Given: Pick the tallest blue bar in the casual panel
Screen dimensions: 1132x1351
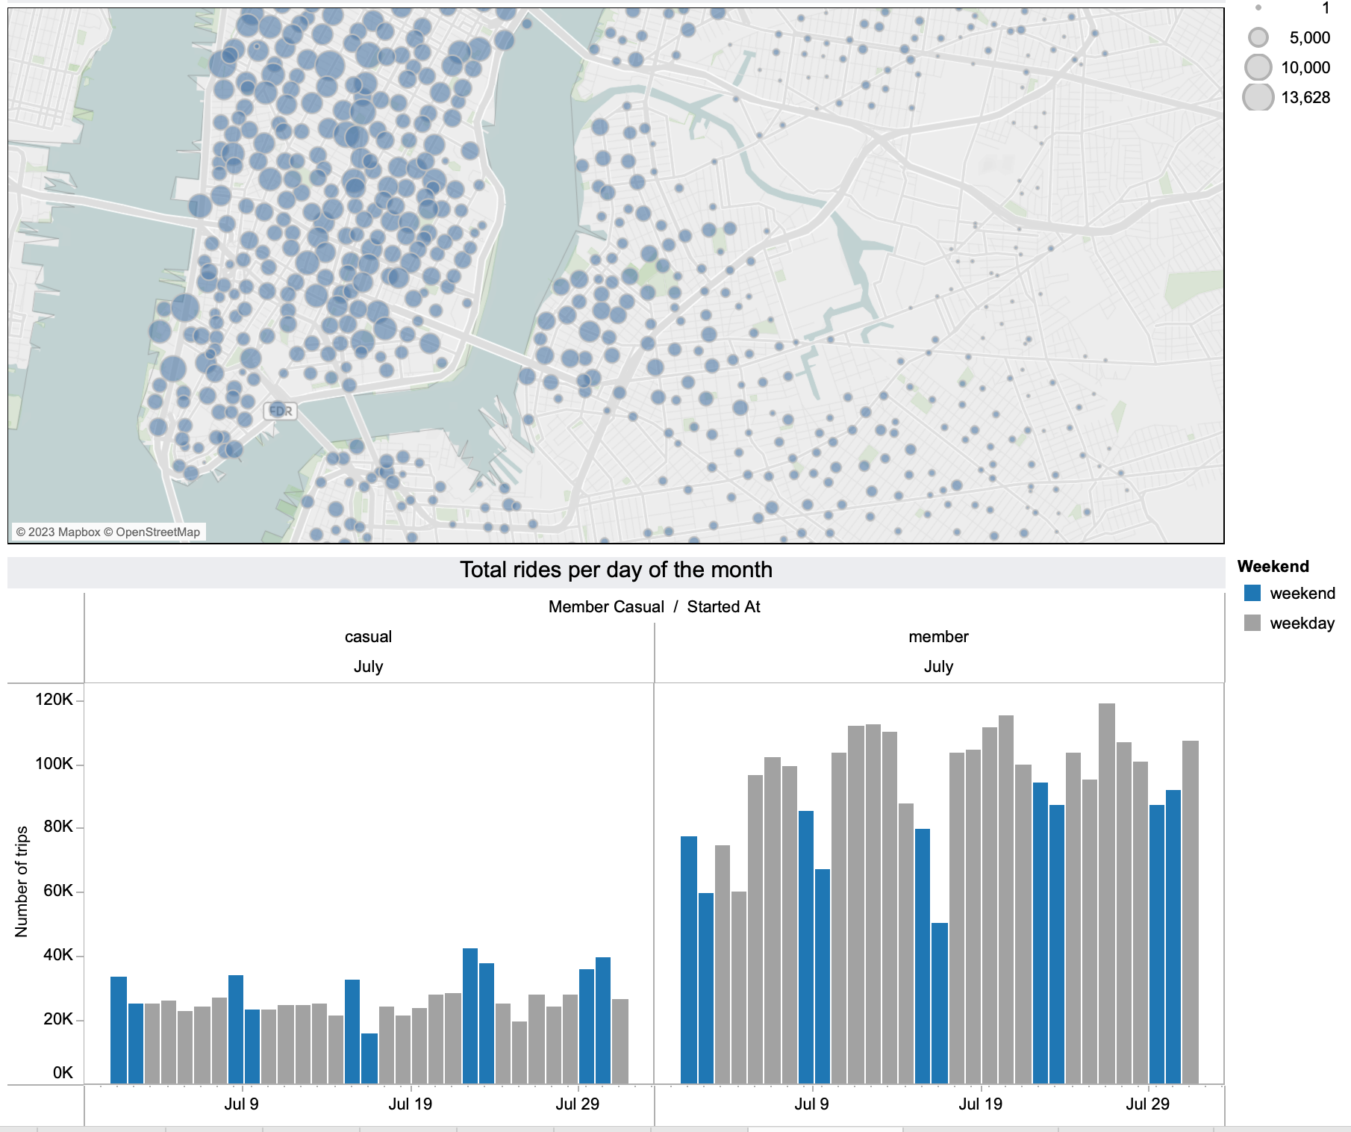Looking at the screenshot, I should coord(470,1016).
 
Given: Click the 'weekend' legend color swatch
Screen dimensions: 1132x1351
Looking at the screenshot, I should coord(1252,594).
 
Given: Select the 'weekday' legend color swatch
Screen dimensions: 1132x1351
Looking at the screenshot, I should coord(1252,623).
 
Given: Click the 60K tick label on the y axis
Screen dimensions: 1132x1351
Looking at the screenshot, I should coord(58,891).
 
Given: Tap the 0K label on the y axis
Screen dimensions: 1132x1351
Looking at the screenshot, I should coord(63,1073).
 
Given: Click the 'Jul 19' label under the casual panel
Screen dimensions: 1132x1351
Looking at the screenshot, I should coord(410,1104).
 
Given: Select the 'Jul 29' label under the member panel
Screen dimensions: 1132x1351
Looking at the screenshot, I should coord(1147,1104).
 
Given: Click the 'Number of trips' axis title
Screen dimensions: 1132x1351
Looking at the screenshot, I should coord(22,881).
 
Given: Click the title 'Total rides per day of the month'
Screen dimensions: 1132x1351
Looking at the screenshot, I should coord(616,570).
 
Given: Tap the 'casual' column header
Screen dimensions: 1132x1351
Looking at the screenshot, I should coord(368,637).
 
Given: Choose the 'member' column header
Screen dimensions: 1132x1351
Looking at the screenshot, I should coord(938,637).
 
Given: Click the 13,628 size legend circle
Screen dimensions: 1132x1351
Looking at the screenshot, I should coord(1258,98).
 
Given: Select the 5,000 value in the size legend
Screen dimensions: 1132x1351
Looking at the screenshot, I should coord(1309,38).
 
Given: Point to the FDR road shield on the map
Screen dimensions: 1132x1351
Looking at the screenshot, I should coord(281,411).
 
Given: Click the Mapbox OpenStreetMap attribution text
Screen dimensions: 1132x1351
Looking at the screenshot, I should coord(108,532).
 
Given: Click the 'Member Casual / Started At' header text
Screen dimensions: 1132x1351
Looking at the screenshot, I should coord(654,607).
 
